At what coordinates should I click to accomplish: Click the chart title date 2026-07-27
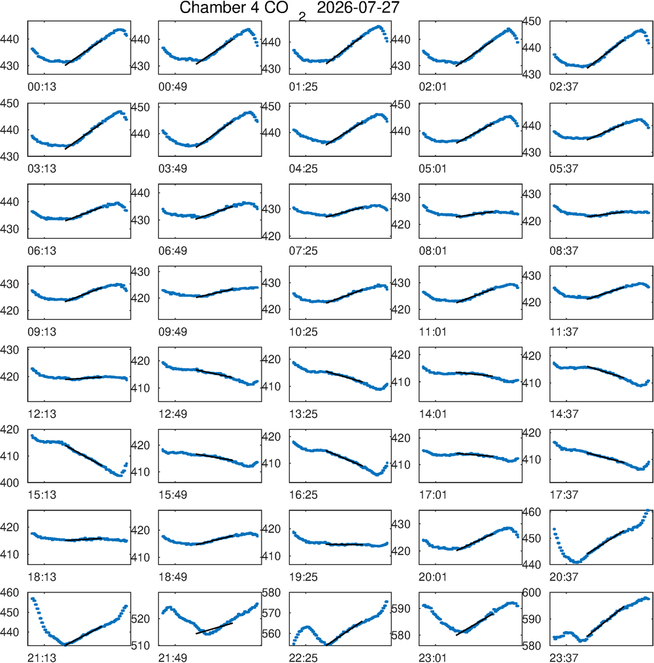coord(358,8)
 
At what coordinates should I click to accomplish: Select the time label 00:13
coord(42,87)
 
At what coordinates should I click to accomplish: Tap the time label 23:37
coord(564,658)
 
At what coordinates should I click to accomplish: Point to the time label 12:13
coord(42,414)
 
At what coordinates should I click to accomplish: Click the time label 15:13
coord(42,495)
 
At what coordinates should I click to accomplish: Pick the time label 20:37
coord(564,577)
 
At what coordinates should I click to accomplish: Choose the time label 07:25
coord(303,250)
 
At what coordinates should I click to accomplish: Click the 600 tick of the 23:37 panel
coord(532,592)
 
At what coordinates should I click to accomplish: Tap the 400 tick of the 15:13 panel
coord(10,483)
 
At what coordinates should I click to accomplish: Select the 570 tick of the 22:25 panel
coord(271,613)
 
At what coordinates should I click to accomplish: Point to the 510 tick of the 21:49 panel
coord(141,645)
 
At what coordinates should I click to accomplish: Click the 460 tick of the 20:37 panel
coord(532,512)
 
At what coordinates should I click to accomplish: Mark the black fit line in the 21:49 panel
coord(214,628)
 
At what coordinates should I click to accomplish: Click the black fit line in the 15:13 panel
coord(84,455)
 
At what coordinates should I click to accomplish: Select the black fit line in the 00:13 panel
coord(84,52)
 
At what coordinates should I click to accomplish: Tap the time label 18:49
coord(173,577)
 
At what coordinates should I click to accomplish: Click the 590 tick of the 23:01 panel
coord(402,609)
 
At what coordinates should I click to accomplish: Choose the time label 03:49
coord(173,169)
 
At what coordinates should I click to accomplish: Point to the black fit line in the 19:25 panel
coord(345,544)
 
